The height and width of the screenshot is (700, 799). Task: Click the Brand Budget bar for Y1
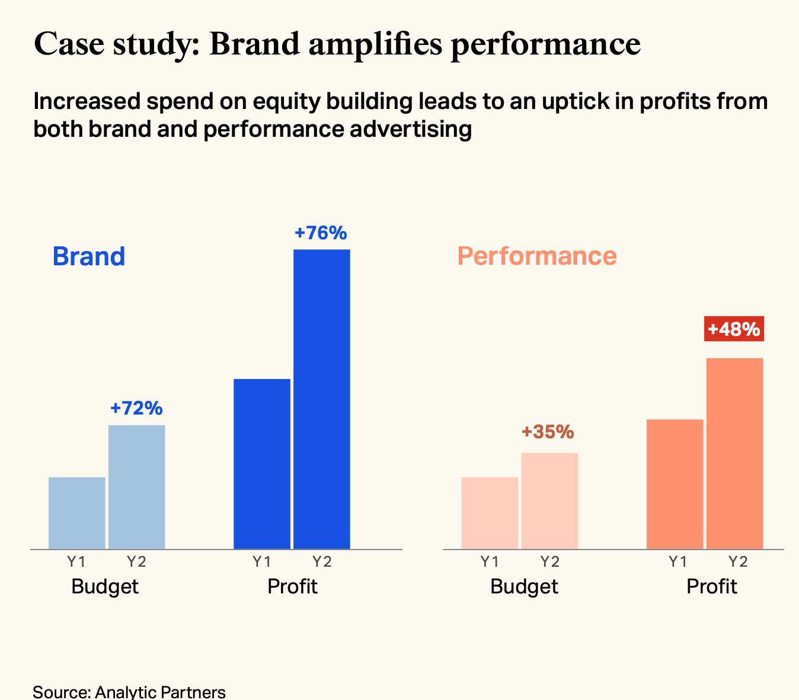point(76,513)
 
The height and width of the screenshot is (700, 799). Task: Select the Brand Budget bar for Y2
point(136,487)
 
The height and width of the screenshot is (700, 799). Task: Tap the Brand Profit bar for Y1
point(262,464)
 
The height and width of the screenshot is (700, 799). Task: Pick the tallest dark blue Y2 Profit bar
point(322,399)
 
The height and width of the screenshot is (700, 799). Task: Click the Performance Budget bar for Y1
point(490,513)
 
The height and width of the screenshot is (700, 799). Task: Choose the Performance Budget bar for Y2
point(549,500)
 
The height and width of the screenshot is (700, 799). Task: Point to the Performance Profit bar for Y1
point(675,484)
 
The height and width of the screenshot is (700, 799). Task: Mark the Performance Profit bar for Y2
point(734,453)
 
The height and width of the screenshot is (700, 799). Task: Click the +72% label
point(136,408)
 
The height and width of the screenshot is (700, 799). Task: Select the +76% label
point(321,233)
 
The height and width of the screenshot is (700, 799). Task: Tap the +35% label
point(548,432)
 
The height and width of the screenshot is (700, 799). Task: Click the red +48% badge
point(734,329)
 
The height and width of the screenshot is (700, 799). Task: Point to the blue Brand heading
point(89,256)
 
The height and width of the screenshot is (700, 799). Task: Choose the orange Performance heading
point(537,256)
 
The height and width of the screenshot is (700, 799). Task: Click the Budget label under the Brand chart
point(105,586)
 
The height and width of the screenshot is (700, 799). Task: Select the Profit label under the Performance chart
point(711,586)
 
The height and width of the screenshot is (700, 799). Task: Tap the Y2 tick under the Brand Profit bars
point(322,561)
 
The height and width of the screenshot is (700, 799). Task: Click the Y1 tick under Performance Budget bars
point(490,561)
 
